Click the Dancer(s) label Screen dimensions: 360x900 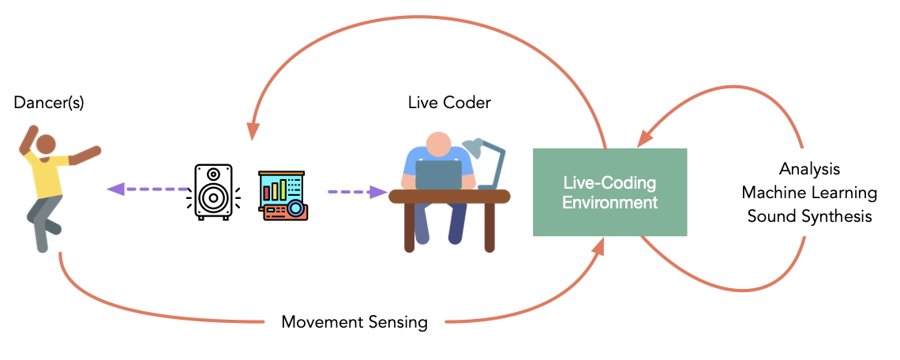pos(49,103)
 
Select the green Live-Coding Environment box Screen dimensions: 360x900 pos(609,193)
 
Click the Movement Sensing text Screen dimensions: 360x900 pos(354,322)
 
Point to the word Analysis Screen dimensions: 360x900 pos(809,169)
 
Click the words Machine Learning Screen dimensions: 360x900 pos(809,193)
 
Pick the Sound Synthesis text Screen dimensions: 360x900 pos(809,216)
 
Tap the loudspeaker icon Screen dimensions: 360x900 pos(213,192)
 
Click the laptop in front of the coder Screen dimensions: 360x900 pos(438,174)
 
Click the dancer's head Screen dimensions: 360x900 pos(46,144)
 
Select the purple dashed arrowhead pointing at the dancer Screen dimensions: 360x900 pos(115,189)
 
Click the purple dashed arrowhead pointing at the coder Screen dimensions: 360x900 pos(380,192)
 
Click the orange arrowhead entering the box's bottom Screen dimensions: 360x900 pos(598,247)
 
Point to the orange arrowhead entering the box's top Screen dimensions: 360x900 pos(643,138)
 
